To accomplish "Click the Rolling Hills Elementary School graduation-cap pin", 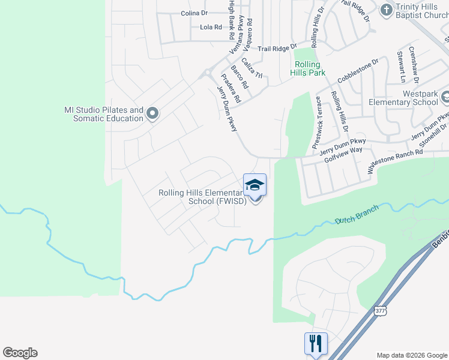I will coord(255,185).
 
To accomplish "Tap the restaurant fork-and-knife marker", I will coord(316,344).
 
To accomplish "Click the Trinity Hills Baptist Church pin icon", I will coord(387,9).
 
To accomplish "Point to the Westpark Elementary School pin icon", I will coord(445,97).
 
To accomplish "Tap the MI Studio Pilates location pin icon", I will coord(152,113).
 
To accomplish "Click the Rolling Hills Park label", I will coord(310,68).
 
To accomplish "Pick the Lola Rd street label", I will coord(211,27).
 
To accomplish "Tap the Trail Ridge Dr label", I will coord(277,48).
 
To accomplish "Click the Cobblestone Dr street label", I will coord(358,70).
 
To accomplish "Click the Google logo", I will coord(20,353).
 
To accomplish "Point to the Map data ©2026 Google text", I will coord(411,355).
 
